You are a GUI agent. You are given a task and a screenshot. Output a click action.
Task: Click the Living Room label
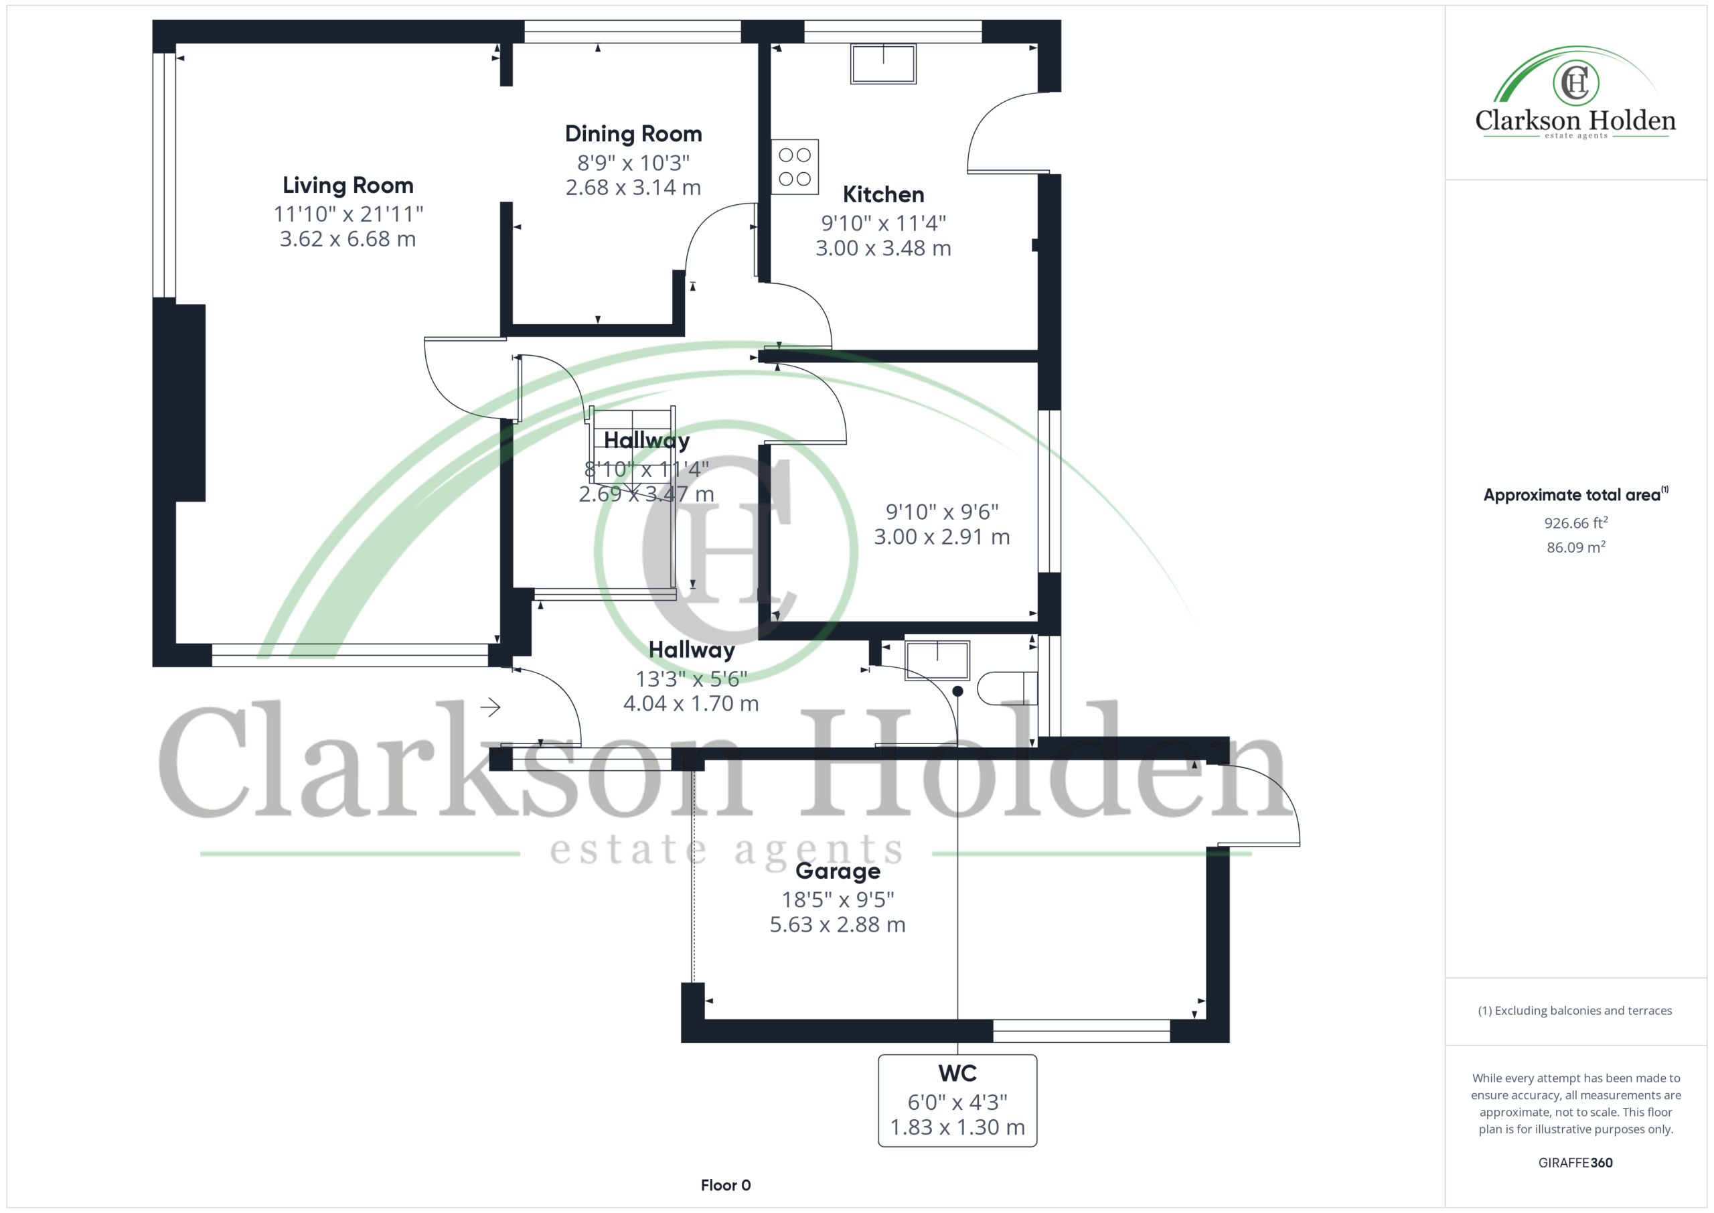(348, 186)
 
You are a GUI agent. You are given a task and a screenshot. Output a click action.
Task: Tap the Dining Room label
(633, 134)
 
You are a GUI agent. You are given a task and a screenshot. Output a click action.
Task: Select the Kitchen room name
(883, 194)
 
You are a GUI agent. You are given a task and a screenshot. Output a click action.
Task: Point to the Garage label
(838, 871)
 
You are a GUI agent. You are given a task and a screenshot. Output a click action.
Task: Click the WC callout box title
(957, 1073)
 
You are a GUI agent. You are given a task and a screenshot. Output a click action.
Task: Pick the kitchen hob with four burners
(794, 167)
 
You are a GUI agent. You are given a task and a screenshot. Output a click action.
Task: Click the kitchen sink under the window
(883, 63)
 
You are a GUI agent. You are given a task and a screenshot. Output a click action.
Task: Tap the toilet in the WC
(1007, 689)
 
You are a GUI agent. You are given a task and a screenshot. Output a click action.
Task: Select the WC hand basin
(937, 660)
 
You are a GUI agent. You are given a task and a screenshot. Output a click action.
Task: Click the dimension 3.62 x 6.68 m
(348, 239)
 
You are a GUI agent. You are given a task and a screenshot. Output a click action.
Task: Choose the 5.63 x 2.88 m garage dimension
(838, 925)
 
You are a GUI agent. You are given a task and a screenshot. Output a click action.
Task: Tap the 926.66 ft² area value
(1575, 522)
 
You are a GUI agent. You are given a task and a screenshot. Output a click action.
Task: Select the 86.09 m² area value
(1575, 547)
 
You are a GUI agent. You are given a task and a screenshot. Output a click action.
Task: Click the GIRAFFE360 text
(1575, 1163)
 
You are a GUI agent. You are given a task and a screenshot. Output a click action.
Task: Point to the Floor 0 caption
(726, 1186)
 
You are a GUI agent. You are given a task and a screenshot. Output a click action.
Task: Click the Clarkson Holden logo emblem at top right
(1575, 82)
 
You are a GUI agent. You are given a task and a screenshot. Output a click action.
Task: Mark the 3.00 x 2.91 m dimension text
(941, 537)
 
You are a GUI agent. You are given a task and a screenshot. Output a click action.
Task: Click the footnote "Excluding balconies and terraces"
(1575, 1011)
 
